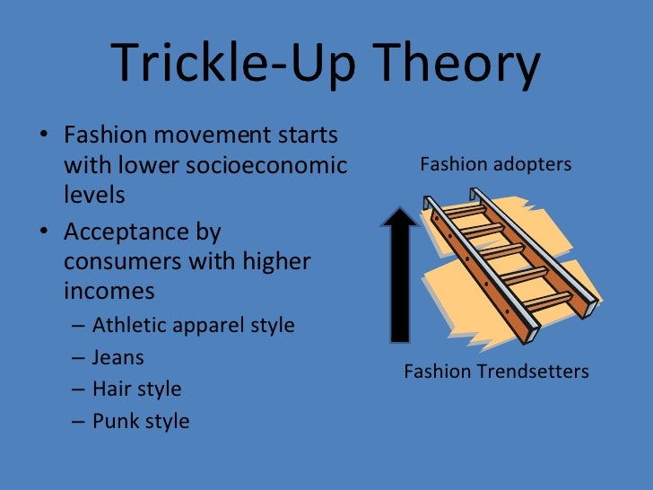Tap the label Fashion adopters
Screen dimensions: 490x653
tap(495, 164)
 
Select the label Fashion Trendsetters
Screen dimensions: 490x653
tap(496, 371)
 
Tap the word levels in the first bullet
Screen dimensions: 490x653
tap(94, 194)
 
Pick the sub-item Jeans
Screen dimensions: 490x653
tap(118, 356)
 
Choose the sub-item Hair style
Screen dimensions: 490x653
tap(136, 389)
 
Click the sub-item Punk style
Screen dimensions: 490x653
tap(141, 421)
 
